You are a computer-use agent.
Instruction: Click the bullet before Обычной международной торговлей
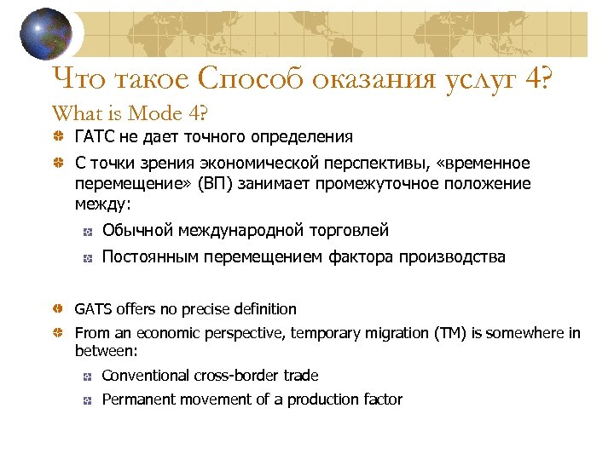click(x=86, y=231)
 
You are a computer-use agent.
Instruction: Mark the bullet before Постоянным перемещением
click(x=86, y=257)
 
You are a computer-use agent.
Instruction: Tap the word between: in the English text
click(x=107, y=350)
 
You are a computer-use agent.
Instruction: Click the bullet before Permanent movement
click(x=86, y=400)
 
